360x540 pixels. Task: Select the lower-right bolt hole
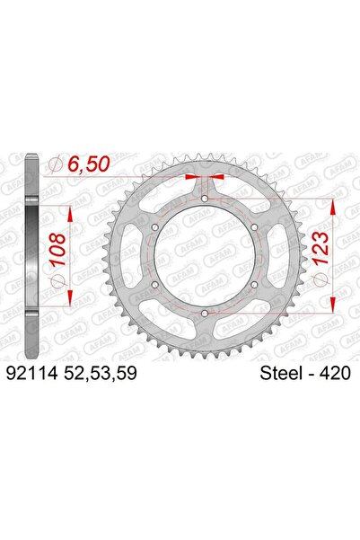(256, 286)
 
